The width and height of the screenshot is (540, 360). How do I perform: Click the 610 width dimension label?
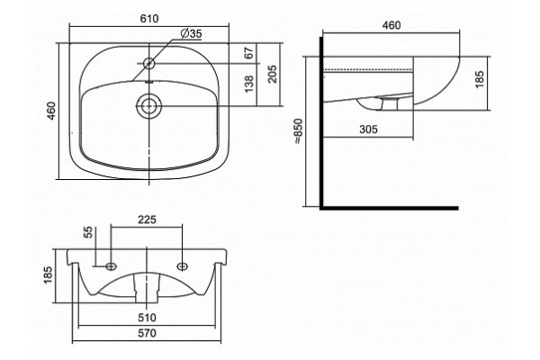click(149, 18)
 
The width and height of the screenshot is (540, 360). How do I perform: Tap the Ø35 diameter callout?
click(191, 34)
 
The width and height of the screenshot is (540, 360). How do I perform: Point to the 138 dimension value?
click(249, 84)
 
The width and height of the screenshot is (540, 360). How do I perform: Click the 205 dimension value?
click(273, 74)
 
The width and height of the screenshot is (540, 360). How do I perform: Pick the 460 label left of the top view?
click(51, 111)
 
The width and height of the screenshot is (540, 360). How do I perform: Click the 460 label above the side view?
click(391, 25)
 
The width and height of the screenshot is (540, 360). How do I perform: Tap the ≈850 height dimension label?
click(298, 131)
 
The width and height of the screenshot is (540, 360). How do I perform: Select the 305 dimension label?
click(368, 130)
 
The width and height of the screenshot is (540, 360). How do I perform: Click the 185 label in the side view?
click(479, 79)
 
